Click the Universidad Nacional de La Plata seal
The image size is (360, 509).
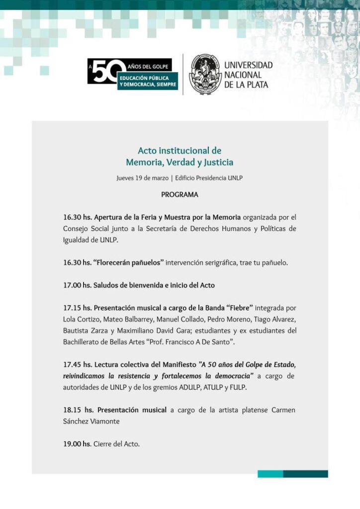coord(205,74)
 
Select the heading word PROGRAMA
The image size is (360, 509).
coord(180,195)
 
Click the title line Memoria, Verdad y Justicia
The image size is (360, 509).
coord(180,163)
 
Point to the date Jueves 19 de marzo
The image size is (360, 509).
coord(142,178)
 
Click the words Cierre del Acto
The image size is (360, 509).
coord(117,444)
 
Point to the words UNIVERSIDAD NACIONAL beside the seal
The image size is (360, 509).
coord(249,70)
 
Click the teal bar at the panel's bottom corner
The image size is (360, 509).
coord(292,474)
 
